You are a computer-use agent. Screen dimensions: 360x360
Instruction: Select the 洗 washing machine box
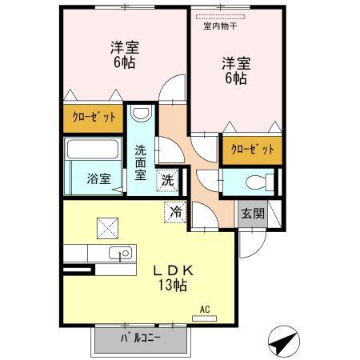tap(168, 180)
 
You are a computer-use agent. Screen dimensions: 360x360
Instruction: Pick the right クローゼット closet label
tap(252, 149)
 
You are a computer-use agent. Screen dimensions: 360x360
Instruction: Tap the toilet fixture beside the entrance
tap(258, 180)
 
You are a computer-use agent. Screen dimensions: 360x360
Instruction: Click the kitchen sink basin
tap(124, 255)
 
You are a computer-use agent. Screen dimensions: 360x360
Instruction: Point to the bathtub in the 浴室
tap(91, 149)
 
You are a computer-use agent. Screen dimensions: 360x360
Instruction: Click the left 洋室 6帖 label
tap(123, 55)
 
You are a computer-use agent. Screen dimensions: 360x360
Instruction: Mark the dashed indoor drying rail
tap(225, 15)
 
